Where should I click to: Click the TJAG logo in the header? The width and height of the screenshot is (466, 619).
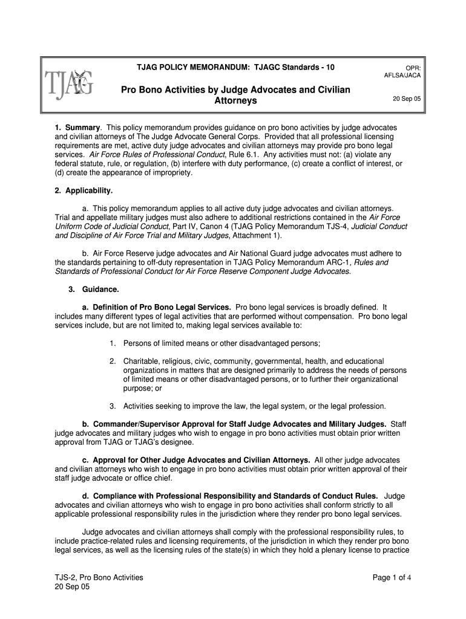[x=69, y=85]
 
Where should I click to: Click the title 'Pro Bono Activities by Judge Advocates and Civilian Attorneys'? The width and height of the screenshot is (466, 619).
[x=235, y=95]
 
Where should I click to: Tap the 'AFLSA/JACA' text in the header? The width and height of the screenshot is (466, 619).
[x=402, y=76]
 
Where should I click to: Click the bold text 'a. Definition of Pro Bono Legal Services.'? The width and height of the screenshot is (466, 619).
[x=157, y=307]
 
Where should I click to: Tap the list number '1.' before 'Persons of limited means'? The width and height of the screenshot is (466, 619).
[x=113, y=343]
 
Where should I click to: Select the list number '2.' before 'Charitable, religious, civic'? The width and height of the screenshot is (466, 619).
[x=113, y=361]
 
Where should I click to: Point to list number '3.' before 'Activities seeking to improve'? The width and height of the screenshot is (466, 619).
[x=113, y=406]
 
